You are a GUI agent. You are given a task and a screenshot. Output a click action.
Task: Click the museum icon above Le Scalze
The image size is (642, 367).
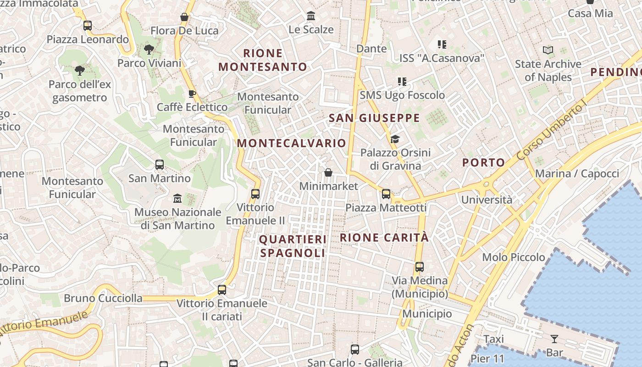pos(311,16)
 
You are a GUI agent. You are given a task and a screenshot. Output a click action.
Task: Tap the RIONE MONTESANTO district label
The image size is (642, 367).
pos(263,60)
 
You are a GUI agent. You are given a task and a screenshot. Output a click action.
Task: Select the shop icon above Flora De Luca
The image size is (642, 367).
pos(184,17)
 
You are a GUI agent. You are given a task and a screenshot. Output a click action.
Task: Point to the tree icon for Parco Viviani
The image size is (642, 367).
pos(149,50)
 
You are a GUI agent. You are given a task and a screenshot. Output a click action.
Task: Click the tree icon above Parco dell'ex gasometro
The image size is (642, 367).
pos(79,71)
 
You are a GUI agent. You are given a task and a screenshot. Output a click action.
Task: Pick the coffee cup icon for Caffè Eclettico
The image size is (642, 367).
pos(192,94)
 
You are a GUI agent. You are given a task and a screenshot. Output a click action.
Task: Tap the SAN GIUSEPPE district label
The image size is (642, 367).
pos(374,118)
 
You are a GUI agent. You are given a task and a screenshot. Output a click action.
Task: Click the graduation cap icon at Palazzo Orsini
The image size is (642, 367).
pos(394,139)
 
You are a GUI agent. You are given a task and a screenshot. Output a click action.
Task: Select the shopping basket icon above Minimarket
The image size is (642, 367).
pos(328,173)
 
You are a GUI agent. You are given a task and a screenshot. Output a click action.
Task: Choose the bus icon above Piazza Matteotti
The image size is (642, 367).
pos(386,194)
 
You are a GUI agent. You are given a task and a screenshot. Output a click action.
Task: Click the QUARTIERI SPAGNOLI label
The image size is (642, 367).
pos(293,246)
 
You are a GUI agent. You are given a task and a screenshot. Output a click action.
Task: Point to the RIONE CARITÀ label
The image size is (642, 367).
pos(384,238)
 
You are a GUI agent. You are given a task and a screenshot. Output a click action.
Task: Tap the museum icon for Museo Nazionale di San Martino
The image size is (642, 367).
pos(177,199)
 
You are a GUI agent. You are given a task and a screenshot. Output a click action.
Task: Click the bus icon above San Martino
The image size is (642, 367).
pos(160,164)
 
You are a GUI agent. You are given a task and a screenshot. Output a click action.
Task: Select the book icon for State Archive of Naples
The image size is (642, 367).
pos(548,50)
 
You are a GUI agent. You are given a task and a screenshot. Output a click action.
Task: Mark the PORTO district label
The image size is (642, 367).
pos(483,162)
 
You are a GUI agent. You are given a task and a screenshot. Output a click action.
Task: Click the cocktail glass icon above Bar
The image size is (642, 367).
pos(554,339)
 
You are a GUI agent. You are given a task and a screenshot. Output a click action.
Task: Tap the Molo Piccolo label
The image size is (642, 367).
pos(514,257)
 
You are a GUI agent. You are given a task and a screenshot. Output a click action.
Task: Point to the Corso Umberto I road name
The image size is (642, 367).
pos(552,131)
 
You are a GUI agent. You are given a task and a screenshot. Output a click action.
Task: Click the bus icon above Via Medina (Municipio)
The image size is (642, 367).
pos(419,267)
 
